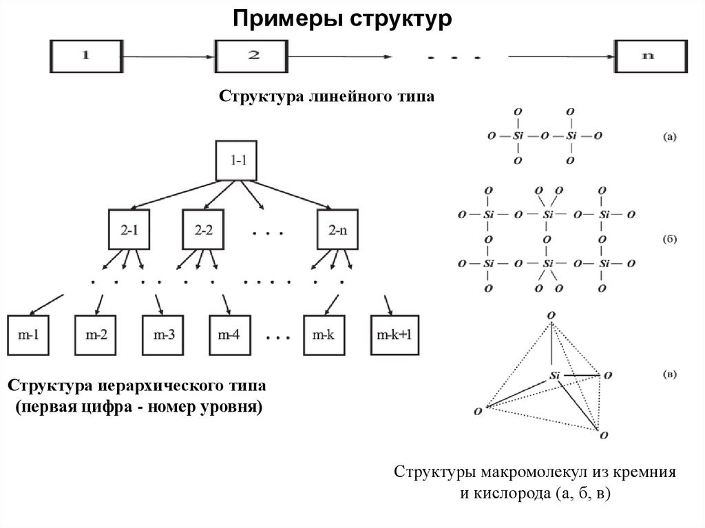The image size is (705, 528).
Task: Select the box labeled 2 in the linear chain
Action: point(254,56)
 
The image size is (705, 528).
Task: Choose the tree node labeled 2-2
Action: point(204,230)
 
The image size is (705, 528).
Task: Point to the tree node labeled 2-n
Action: point(338,230)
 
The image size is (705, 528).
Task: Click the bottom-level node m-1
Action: point(28,335)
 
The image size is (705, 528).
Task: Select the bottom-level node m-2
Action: point(96,335)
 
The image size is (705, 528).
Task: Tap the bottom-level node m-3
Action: point(164,335)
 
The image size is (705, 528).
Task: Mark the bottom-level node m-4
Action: point(231,335)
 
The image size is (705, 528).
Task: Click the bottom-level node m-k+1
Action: point(394,335)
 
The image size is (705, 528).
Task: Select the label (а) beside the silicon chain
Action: point(669,136)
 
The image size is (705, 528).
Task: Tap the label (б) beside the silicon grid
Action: point(669,240)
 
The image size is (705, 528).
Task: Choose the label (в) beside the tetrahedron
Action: point(669,375)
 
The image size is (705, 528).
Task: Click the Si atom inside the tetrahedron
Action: point(556,375)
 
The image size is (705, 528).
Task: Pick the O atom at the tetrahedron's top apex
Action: point(549,315)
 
